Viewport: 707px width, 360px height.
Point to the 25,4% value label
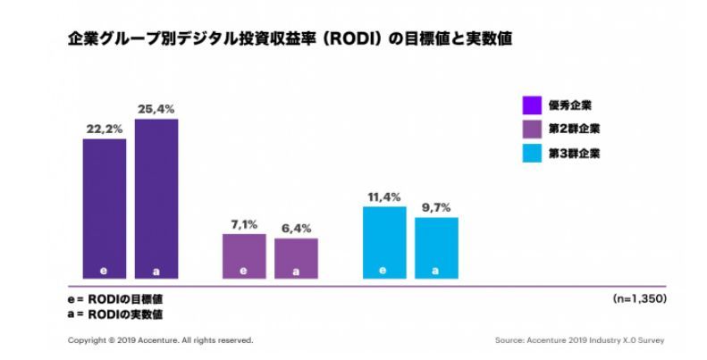[x=156, y=109]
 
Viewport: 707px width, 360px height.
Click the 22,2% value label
[x=105, y=130]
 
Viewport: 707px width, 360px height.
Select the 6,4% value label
[x=296, y=229]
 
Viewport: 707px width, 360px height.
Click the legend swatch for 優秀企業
[x=533, y=104]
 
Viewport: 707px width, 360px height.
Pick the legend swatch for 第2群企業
[x=533, y=129]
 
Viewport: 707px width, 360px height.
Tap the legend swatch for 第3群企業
[x=533, y=154]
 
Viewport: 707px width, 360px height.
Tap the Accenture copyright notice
[x=160, y=340]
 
